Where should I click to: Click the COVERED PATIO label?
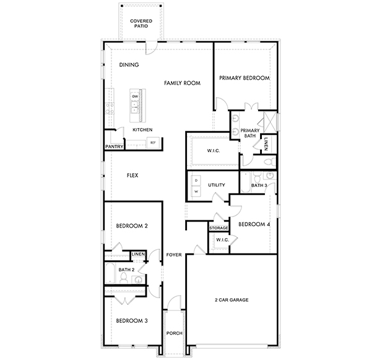pyautogui.click(x=141, y=24)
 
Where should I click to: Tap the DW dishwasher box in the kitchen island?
pyautogui.click(x=135, y=96)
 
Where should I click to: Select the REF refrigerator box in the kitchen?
pyautogui.click(x=153, y=143)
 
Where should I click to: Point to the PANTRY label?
pyautogui.click(x=115, y=147)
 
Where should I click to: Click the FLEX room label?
pyautogui.click(x=132, y=175)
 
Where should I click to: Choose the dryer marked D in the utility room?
pyautogui.click(x=196, y=181)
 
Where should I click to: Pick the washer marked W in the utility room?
pyautogui.click(x=196, y=191)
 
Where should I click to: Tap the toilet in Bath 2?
pyautogui.click(x=124, y=278)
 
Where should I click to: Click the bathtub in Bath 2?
pyautogui.click(x=110, y=273)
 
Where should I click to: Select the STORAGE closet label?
pyautogui.click(x=219, y=228)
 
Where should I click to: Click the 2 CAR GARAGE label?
pyautogui.click(x=232, y=300)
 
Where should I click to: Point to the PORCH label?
pyautogui.click(x=175, y=333)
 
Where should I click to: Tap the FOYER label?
pyautogui.click(x=174, y=255)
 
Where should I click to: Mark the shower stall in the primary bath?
pyautogui.click(x=270, y=121)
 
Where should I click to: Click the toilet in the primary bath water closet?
pyautogui.click(x=270, y=161)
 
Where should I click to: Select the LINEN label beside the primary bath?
pyautogui.click(x=266, y=144)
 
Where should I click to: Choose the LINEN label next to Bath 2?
pyautogui.click(x=138, y=254)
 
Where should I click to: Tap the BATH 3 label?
pyautogui.click(x=259, y=185)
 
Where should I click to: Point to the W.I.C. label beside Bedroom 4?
pyautogui.click(x=222, y=240)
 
